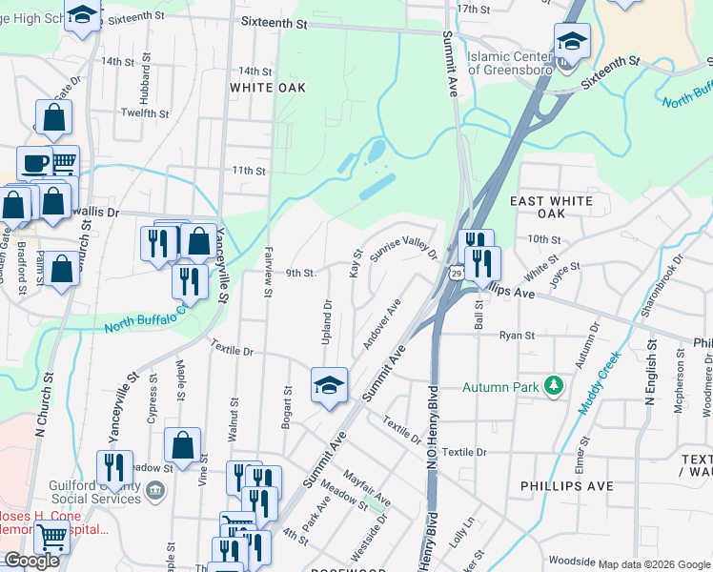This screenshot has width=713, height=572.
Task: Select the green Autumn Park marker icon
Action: tap(552, 386)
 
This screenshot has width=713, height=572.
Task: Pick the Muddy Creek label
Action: tap(599, 382)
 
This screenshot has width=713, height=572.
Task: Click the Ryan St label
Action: tap(517, 335)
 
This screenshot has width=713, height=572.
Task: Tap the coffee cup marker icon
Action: tap(35, 162)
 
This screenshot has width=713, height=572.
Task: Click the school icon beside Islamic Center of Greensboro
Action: tap(572, 41)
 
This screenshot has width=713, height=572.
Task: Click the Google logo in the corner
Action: tap(31, 561)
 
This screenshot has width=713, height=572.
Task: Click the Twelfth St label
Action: tap(145, 112)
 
